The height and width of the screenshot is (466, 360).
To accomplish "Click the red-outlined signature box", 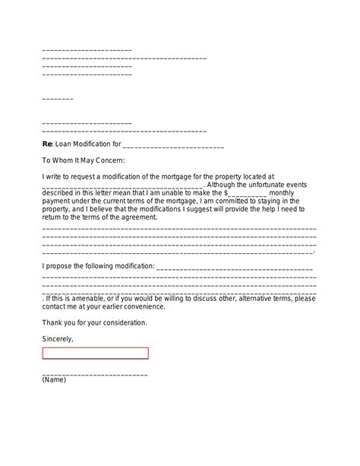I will [x=95, y=353].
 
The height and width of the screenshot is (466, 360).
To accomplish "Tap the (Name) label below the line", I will [x=54, y=380].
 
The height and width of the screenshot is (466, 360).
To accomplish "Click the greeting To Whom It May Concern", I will [x=83, y=160].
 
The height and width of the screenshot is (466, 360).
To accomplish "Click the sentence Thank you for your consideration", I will [x=95, y=322].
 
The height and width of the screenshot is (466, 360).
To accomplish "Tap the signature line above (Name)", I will [x=95, y=373].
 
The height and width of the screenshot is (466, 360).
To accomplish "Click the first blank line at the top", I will [x=87, y=49].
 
